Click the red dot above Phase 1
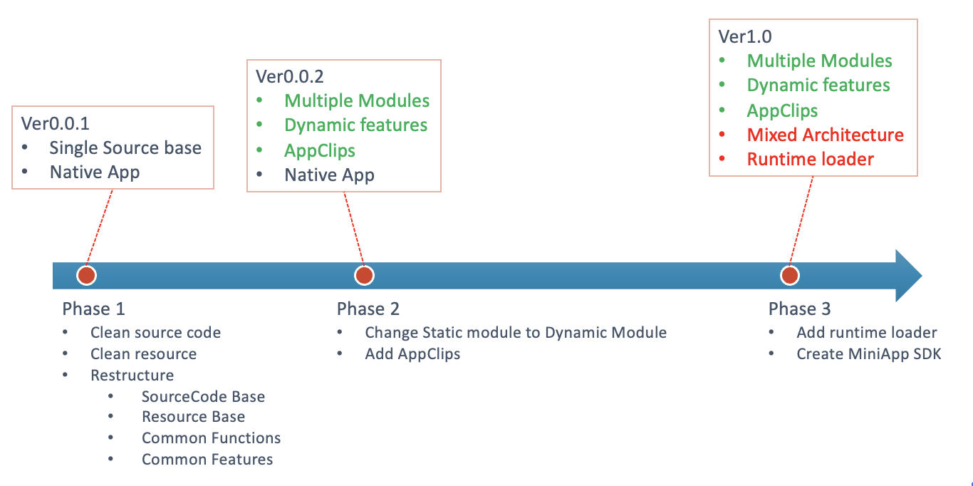coord(86,275)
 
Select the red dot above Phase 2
coord(364,275)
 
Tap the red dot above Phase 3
coord(790,275)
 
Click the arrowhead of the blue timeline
coord(909,276)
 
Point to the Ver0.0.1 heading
coord(55,123)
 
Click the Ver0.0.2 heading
coord(290,76)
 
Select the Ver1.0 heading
coord(745,36)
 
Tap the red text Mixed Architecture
coord(826,135)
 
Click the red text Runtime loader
coord(811,159)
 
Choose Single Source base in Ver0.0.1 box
coord(125,148)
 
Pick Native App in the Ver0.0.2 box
coord(329,175)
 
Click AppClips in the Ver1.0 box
coord(782,110)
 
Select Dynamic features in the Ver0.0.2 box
coord(355,125)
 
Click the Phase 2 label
coord(368,309)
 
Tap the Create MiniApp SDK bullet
coord(869,354)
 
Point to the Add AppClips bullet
coord(412,354)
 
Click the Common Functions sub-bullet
coord(211,438)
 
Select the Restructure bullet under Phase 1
coord(132,375)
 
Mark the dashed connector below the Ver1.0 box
coord(801,221)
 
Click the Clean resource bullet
coord(143,354)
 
